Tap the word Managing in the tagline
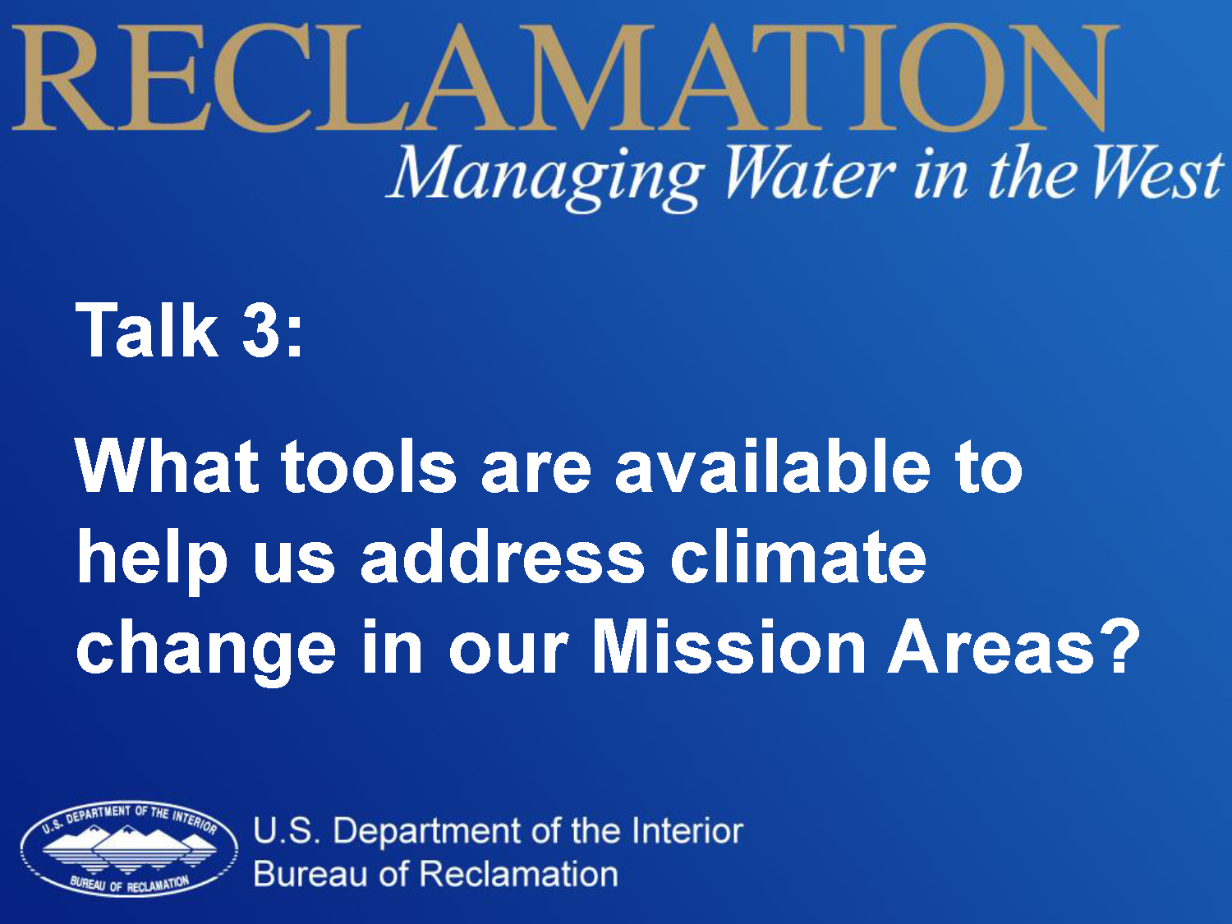[545, 177]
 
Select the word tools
[369, 467]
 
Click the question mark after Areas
[1119, 646]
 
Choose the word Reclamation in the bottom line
[518, 874]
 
